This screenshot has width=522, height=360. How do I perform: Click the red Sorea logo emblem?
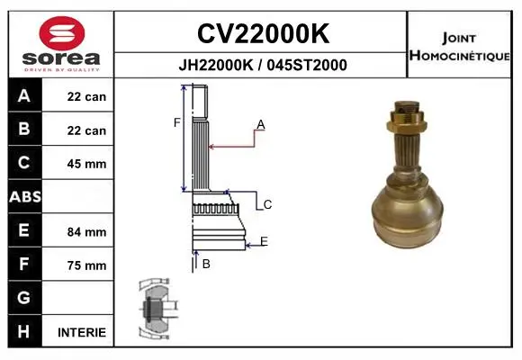click(x=62, y=33)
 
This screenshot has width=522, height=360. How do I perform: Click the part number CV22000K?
click(x=263, y=33)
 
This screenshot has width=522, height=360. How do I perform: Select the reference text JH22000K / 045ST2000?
click(x=263, y=65)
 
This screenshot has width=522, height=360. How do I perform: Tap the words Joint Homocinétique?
click(x=459, y=47)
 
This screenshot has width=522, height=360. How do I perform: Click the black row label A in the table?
click(x=24, y=96)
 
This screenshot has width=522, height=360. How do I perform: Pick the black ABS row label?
click(x=25, y=196)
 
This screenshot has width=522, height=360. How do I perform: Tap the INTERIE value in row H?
click(x=82, y=332)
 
